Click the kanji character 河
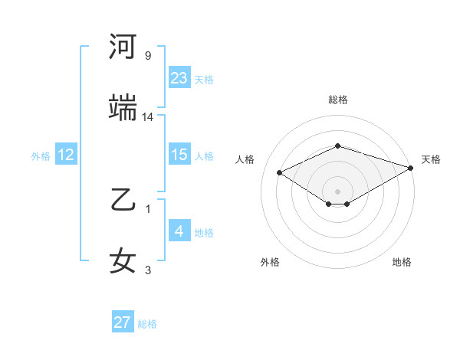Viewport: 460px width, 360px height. coord(123,47)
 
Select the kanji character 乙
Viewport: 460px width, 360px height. coord(123,201)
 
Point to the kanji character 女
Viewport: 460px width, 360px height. coord(123,261)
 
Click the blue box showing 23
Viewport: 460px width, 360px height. coord(179,78)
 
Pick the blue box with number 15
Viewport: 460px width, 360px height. coord(179,155)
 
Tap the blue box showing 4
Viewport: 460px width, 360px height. coord(179,231)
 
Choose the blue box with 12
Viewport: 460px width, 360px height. coord(66,155)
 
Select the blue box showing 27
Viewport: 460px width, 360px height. coord(123,322)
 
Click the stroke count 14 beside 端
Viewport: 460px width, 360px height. coord(148,116)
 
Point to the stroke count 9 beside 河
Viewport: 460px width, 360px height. coord(148,56)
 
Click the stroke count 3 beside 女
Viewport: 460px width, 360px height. coord(148,270)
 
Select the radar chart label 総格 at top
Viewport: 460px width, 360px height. coord(337,100)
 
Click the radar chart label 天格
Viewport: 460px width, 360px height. coord(431,159)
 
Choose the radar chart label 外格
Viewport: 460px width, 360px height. coord(270,262)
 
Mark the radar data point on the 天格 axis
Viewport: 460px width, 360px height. coord(412,167)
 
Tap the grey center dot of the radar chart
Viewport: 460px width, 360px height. coord(337,191)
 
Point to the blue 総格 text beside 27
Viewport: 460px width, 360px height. coord(147,324)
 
